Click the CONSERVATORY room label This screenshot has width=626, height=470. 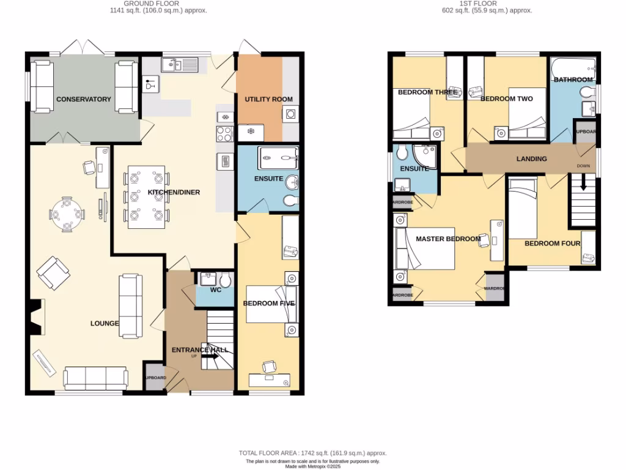[84, 99]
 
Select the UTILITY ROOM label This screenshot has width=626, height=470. [268, 99]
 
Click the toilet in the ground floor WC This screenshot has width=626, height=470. [225, 280]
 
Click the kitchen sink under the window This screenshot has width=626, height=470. [181, 64]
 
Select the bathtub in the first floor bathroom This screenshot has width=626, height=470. [573, 69]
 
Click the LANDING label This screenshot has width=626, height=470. [531, 159]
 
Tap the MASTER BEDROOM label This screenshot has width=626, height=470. [447, 239]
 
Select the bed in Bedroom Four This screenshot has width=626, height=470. [523, 208]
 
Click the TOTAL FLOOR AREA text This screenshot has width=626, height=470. [312, 453]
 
